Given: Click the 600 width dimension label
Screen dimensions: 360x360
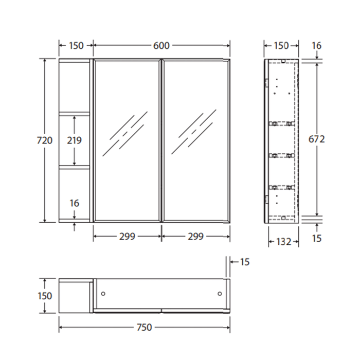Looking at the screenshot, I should (161, 46).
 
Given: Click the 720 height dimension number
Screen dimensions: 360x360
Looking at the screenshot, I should (45, 140).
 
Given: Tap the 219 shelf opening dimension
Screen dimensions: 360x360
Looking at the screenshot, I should (75, 140).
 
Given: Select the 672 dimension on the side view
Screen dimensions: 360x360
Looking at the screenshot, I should (316, 139).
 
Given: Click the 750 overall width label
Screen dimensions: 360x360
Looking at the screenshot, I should (144, 327).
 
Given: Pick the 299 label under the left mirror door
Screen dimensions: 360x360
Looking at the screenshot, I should (127, 237).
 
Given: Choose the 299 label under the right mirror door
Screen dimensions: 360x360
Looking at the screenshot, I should (195, 237).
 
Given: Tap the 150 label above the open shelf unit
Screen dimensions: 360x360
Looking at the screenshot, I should (76, 46).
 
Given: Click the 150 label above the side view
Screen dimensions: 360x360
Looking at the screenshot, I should (281, 46).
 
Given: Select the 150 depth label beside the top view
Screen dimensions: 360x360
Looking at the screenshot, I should (45, 296).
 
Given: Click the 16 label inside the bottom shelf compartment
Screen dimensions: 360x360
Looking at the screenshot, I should (75, 203).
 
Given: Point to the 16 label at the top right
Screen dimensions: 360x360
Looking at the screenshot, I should (316, 46).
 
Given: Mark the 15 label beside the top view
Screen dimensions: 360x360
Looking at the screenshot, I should (244, 262).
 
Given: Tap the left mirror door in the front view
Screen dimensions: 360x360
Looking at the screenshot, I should (127, 140).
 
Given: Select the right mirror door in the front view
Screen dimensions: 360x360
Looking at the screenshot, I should (195, 140).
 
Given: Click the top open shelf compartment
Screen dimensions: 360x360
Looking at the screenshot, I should (75, 86).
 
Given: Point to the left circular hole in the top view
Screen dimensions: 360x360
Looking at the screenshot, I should (103, 294).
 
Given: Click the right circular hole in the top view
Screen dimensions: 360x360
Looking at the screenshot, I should (220, 294).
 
